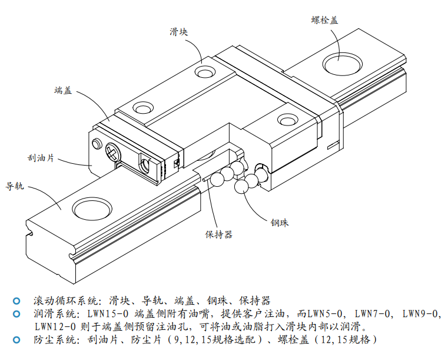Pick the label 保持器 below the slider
[x=218, y=234]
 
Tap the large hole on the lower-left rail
[x=91, y=208]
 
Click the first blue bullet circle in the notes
[x=16, y=300]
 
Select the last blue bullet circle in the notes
[x=16, y=339]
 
